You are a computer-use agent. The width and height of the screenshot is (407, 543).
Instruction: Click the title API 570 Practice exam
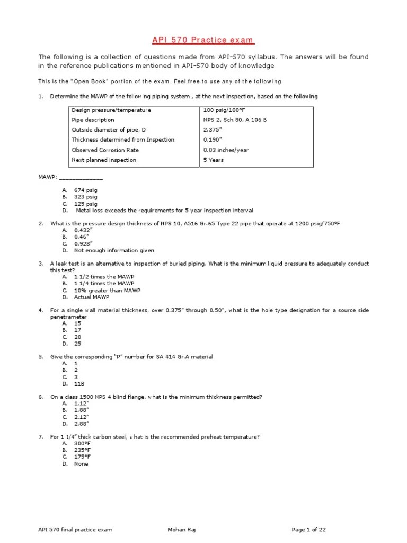203,40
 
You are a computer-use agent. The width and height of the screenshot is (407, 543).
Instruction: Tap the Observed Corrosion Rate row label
101,150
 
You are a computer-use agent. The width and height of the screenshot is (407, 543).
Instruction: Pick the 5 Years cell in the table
213,160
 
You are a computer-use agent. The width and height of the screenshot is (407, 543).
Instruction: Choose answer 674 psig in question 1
85,190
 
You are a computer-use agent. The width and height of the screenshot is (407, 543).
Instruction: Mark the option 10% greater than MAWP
107,291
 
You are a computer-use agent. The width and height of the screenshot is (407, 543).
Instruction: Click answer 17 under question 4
77,330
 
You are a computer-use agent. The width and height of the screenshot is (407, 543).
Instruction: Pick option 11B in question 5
79,383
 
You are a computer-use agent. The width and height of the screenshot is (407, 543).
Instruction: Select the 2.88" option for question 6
82,424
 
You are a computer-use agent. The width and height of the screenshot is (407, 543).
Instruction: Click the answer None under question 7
81,464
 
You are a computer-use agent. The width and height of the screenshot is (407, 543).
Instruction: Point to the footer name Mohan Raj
182,530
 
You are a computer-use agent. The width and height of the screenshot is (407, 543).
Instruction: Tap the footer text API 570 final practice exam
75,530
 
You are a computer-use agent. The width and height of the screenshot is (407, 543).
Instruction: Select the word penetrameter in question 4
68,317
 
